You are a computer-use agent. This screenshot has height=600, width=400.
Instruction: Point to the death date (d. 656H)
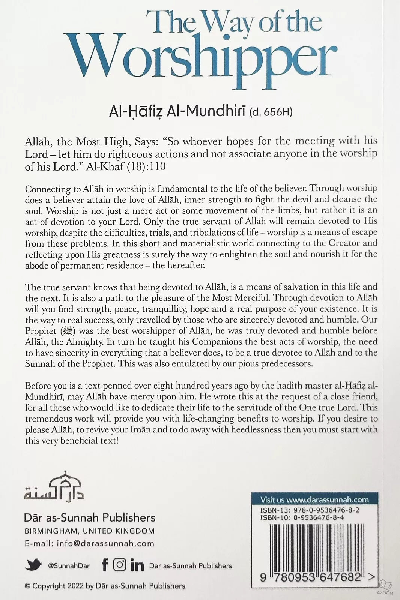pyautogui.click(x=271, y=112)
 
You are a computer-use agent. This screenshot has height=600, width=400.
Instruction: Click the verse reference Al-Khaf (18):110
pyautogui.click(x=126, y=166)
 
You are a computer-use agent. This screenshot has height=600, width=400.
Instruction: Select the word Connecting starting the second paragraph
pyautogui.click(x=48, y=189)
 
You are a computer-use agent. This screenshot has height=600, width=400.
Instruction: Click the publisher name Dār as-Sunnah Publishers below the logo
pyautogui.click(x=90, y=518)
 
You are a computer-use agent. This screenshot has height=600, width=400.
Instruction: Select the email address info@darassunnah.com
pyautogui.click(x=105, y=543)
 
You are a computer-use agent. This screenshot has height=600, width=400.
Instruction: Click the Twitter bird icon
pyautogui.click(x=33, y=565)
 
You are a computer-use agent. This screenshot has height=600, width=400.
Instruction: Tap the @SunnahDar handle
pyautogui.click(x=69, y=566)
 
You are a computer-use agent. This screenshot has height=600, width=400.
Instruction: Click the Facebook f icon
pyautogui.click(x=105, y=565)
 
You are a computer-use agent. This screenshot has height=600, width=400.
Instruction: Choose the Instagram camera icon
pyautogui.click(x=120, y=565)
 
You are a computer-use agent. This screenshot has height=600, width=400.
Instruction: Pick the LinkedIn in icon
pyautogui.click(x=137, y=565)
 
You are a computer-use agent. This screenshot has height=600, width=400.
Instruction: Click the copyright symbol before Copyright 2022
pyautogui.click(x=27, y=586)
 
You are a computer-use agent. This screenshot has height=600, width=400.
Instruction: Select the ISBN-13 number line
pyautogui.click(x=310, y=510)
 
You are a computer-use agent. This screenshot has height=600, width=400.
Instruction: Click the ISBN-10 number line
pyautogui.click(x=302, y=518)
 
